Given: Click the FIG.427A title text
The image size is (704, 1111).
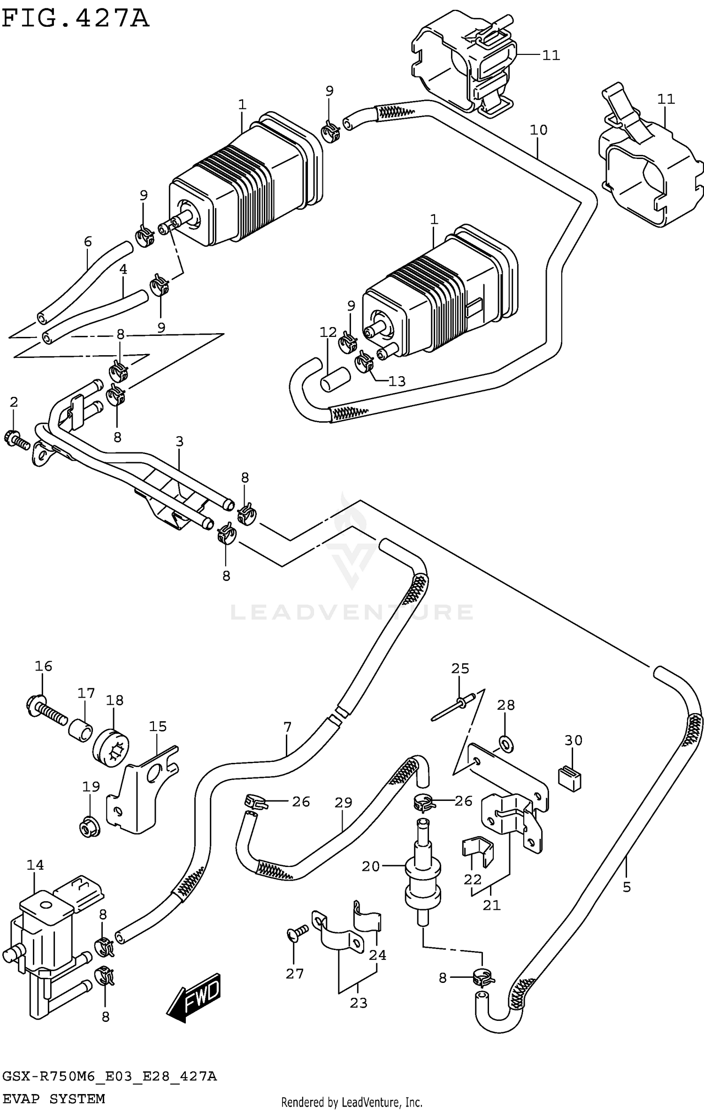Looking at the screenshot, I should coord(75,20).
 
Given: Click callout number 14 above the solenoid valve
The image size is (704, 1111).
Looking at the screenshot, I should coord(35,865).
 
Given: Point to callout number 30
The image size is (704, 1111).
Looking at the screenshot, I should coord(573,740).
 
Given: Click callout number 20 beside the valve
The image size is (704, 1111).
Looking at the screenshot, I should coord(370,866).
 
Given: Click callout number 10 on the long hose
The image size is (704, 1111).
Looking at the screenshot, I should coord(538,130).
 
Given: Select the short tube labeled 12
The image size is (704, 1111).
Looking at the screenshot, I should coord(335,379).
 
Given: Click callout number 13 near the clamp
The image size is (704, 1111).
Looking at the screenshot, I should coord(397,381).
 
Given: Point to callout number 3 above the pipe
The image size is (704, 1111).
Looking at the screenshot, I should coord(179,441).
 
